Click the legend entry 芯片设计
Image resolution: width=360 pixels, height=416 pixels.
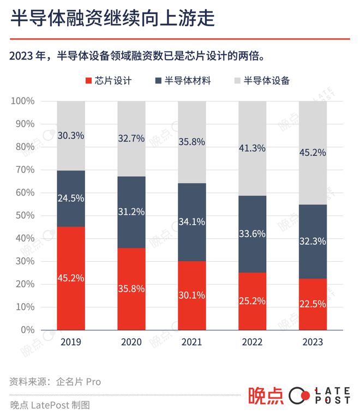109,81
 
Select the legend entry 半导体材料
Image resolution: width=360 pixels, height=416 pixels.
183,81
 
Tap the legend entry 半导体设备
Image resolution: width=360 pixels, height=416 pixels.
261,81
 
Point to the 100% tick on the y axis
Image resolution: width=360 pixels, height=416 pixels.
23,101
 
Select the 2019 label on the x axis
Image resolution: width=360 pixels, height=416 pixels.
71,342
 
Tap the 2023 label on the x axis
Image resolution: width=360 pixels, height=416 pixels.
313,342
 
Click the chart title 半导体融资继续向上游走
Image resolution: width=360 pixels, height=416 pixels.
112,20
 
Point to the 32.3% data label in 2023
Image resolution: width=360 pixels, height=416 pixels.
313,239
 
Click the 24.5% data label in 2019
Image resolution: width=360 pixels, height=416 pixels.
71,198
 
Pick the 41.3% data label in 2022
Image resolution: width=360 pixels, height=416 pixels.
252,147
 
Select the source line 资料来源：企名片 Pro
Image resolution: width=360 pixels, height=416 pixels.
55,382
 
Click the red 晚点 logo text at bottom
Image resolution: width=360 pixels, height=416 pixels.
266,396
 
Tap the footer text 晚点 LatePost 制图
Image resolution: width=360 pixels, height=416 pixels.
50,405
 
